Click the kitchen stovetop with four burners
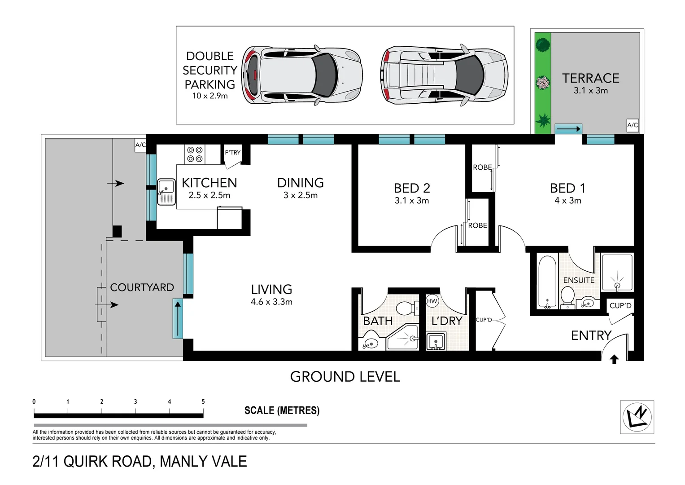click(x=195, y=154)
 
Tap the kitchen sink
click(x=166, y=192)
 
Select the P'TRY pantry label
click(x=233, y=152)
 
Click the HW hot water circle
click(x=432, y=301)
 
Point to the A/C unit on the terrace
click(x=632, y=125)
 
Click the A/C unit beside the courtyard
click(x=140, y=145)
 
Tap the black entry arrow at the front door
click(x=615, y=359)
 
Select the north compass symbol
click(x=637, y=417)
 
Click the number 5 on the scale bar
click(x=203, y=401)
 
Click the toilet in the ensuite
click(x=567, y=297)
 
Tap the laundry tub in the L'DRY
click(x=436, y=342)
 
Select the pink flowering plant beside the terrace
click(x=543, y=83)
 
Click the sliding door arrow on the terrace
click(x=568, y=129)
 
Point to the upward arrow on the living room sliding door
click(x=178, y=318)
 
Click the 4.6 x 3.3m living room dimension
click(x=271, y=302)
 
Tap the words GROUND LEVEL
click(x=345, y=377)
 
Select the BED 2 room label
click(x=411, y=188)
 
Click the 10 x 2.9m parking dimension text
click(x=210, y=96)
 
